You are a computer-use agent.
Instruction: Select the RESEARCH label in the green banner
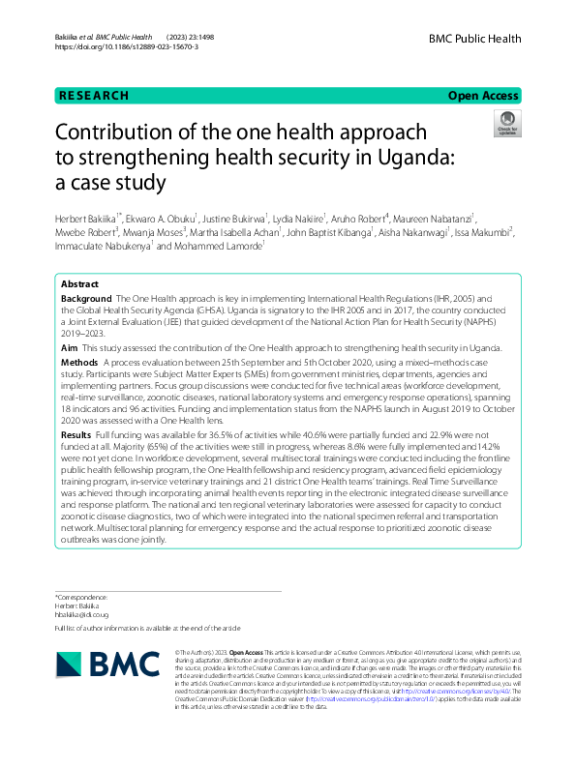(94, 96)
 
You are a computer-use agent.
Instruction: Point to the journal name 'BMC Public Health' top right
(474, 40)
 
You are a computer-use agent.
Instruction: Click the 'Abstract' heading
(80, 284)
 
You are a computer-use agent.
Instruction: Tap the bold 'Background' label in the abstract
(87, 301)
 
